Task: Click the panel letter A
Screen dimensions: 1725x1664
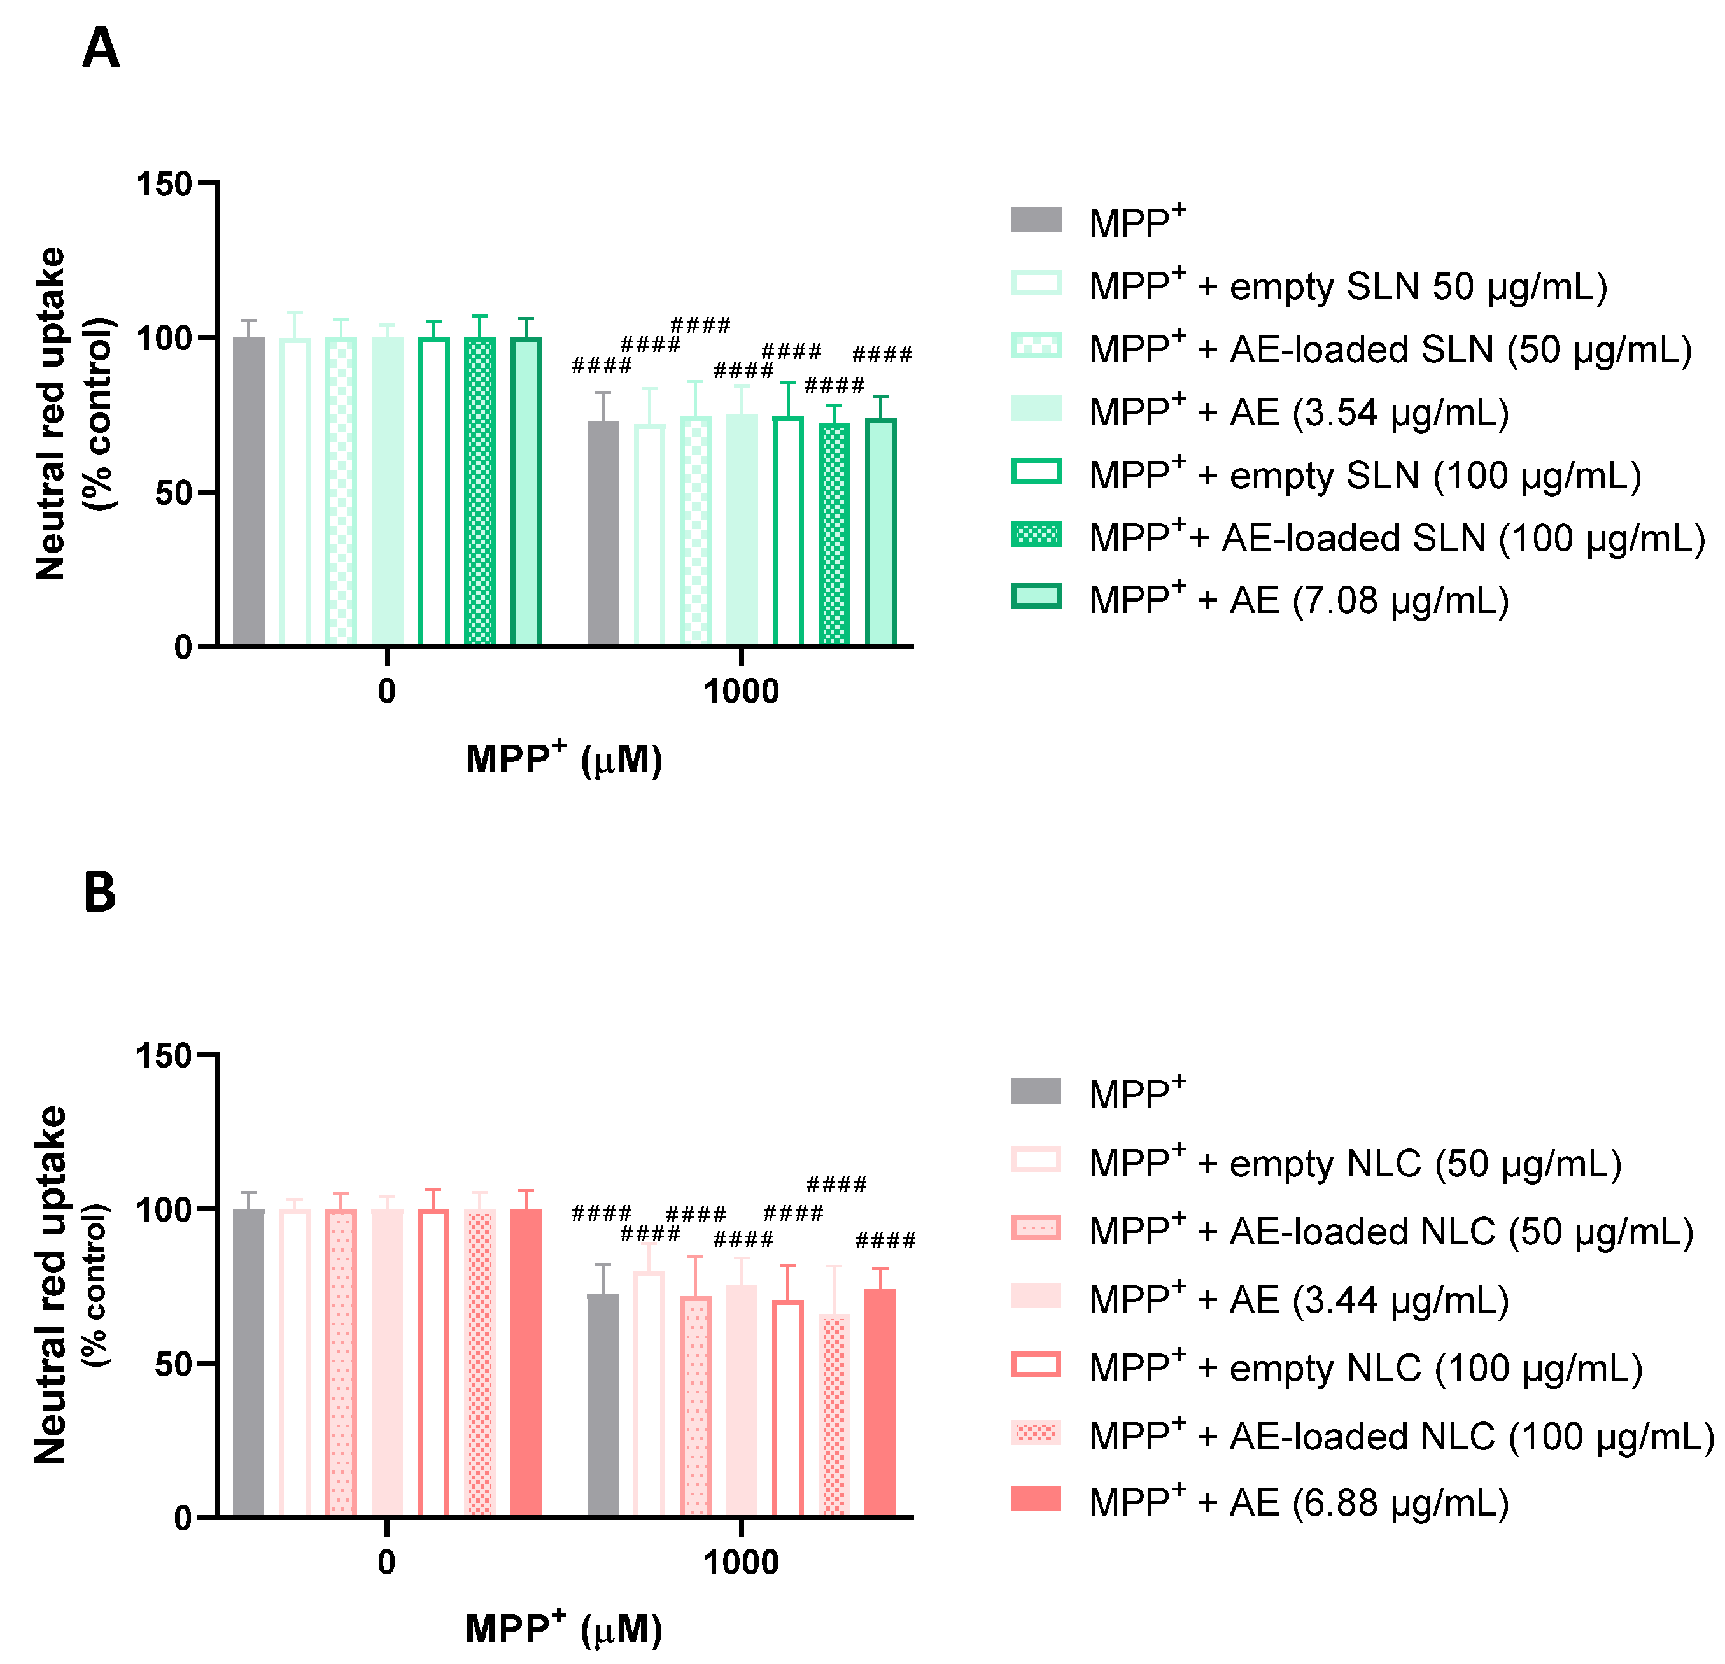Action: point(101,48)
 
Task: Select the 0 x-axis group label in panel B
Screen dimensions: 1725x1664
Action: point(386,1562)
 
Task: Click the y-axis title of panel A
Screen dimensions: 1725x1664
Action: point(75,414)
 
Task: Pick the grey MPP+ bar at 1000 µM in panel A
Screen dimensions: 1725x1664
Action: point(603,533)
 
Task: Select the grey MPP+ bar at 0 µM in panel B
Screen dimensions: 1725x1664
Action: point(248,1362)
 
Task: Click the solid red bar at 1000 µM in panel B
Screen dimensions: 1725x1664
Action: point(880,1402)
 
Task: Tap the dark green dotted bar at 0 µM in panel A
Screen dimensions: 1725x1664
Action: point(480,491)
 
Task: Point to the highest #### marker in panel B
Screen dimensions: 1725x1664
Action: point(836,1185)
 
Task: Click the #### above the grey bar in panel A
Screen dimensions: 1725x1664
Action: point(602,365)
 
